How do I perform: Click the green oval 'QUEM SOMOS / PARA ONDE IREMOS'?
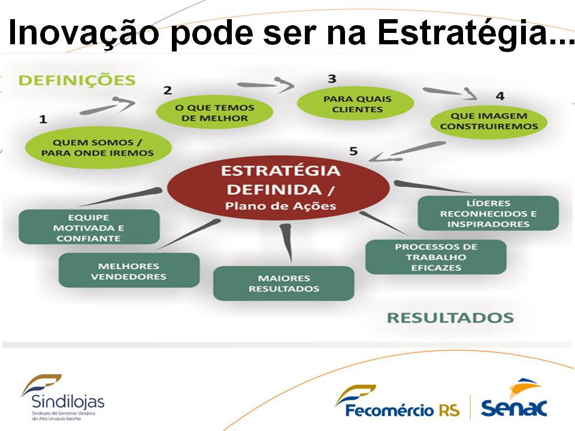(x=98, y=147)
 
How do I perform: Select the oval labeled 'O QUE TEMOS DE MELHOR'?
(x=214, y=113)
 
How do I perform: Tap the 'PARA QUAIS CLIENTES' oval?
(x=355, y=104)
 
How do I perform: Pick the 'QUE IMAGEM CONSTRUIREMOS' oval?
(x=489, y=121)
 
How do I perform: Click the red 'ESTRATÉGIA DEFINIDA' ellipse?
(x=279, y=187)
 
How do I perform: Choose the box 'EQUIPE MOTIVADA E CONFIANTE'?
(x=89, y=227)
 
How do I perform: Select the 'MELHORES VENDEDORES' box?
(x=129, y=270)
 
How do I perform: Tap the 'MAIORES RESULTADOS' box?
(x=284, y=283)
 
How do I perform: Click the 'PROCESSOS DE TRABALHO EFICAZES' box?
(x=436, y=257)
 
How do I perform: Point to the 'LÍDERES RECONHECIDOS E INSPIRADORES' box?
(x=489, y=213)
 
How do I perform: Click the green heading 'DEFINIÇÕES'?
(x=77, y=80)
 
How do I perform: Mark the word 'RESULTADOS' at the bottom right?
(x=450, y=318)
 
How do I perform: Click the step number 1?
(x=43, y=119)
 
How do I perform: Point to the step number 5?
(x=353, y=151)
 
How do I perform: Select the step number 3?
(x=332, y=79)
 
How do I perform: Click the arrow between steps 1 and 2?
(x=107, y=106)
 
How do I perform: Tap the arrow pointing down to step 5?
(x=407, y=151)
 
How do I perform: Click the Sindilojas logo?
(x=63, y=397)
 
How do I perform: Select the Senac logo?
(x=514, y=399)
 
